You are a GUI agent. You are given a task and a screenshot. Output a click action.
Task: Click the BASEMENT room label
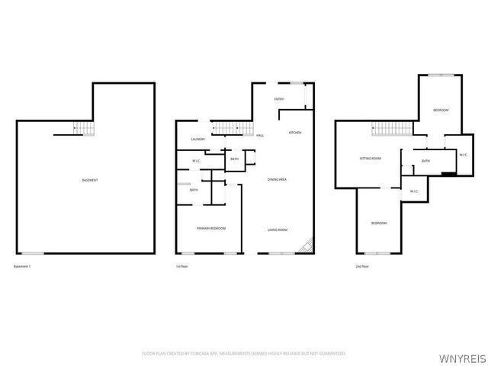click(89, 180)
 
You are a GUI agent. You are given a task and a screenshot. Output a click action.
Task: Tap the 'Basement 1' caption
click(24, 266)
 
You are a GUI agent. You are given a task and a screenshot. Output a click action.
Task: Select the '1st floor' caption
click(181, 266)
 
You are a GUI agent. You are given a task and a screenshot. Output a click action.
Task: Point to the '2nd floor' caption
click(362, 266)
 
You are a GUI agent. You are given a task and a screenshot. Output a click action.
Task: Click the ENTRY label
click(279, 99)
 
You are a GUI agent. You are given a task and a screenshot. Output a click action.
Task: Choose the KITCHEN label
click(294, 133)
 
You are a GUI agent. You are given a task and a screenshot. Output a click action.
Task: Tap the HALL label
click(260, 136)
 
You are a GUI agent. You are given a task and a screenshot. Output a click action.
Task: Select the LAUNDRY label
click(197, 140)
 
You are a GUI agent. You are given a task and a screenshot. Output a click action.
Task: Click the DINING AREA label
click(277, 179)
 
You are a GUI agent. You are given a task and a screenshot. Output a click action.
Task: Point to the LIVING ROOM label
click(277, 229)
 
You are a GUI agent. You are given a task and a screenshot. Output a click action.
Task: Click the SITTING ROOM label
click(371, 159)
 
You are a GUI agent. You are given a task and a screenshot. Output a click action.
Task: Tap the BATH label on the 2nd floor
click(425, 161)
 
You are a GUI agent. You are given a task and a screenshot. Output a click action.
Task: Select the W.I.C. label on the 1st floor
click(196, 160)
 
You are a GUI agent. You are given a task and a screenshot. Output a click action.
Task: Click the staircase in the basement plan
click(82, 129)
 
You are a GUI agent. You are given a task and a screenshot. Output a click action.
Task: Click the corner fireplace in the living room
click(307, 246)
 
